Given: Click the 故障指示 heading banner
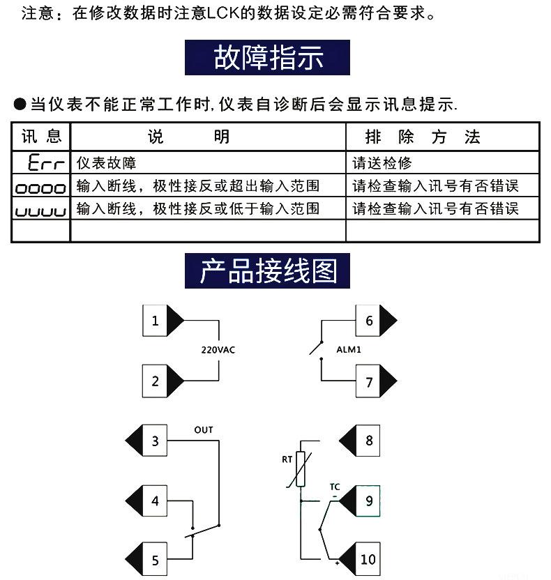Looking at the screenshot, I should coord(268,58).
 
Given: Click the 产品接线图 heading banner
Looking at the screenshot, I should coord(268,271).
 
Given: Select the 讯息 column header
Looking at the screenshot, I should coord(41,136).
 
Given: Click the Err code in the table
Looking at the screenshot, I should coord(46,164).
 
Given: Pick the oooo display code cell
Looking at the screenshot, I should coord(41,187).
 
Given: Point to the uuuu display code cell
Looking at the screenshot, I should coord(41,210).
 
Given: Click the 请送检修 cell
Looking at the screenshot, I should coord(382,164).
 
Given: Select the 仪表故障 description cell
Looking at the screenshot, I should coord(106,164).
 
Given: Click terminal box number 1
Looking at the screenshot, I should coord(155,321).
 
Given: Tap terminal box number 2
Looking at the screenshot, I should coord(155,381).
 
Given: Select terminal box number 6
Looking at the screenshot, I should coord(369,321).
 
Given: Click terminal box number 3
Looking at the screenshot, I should coord(155,441).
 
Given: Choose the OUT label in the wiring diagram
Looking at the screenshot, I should coord(204,429).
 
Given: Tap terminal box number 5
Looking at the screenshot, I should coord(155,560).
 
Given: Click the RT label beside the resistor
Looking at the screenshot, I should coord(287,459).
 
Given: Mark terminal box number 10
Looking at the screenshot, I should coord(368,559).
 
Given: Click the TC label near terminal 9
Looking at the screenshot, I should coord(335,486).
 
